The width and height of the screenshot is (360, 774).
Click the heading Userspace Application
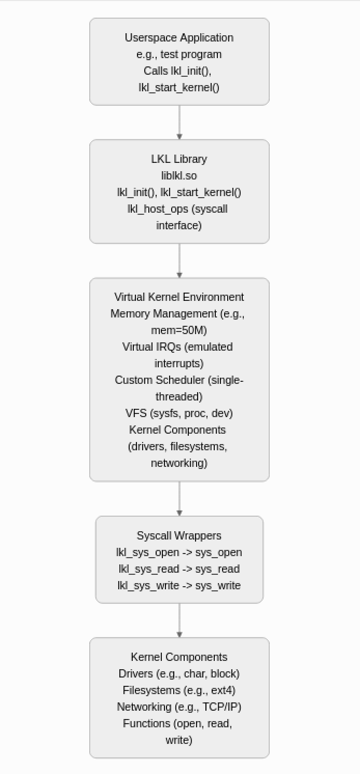click(x=179, y=38)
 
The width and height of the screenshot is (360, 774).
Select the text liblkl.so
click(x=179, y=175)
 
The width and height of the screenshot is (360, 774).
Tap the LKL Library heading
click(x=179, y=159)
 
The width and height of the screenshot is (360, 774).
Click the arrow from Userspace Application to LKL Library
click(x=179, y=122)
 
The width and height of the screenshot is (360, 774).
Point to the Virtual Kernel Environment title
click(x=179, y=297)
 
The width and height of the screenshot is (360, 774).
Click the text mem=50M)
click(x=179, y=330)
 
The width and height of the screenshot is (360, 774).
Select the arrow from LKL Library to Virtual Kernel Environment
click(x=179, y=260)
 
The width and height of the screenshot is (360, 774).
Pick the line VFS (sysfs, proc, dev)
click(x=179, y=413)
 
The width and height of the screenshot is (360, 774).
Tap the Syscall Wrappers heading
click(x=179, y=535)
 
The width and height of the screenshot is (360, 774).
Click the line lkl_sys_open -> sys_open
click(x=179, y=552)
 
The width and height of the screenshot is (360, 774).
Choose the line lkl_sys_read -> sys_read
click(x=179, y=569)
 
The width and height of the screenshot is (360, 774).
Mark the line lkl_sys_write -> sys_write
click(x=179, y=585)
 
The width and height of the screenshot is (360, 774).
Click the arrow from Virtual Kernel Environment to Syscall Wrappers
click(x=179, y=499)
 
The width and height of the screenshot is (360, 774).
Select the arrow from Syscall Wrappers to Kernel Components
click(x=179, y=620)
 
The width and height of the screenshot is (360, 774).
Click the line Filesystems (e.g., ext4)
click(x=179, y=690)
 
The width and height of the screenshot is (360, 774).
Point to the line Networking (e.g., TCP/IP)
click(x=179, y=707)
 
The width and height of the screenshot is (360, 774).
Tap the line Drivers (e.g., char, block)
click(x=179, y=674)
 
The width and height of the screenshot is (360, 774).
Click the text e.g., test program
click(x=179, y=54)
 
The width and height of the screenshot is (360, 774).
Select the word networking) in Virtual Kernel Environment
click(x=179, y=463)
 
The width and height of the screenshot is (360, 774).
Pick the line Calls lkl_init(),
click(x=177, y=71)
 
